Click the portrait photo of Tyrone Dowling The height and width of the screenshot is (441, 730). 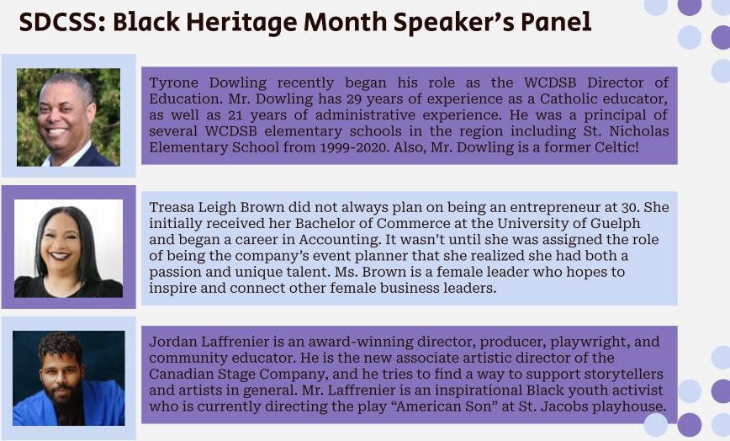68,117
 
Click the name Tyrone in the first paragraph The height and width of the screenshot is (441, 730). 175,82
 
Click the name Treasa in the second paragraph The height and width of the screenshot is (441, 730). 174,207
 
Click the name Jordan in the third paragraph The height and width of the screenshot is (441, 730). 173,341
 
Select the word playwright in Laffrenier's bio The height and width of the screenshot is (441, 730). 560,341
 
